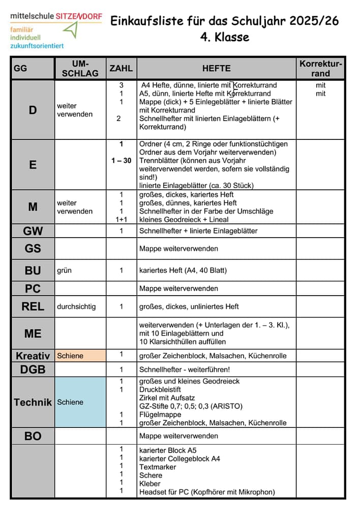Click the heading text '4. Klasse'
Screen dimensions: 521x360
(x=224, y=38)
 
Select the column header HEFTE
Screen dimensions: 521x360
(x=216, y=68)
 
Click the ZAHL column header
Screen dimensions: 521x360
(x=121, y=68)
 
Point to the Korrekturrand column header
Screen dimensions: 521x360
(x=321, y=68)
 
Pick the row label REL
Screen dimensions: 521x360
(x=33, y=306)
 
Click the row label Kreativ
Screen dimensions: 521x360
(x=33, y=356)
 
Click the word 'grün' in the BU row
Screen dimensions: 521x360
(x=64, y=271)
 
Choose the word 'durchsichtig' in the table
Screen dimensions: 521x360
(x=76, y=307)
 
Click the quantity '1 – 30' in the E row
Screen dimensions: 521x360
(x=121, y=161)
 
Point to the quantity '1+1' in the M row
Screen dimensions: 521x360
(x=121, y=220)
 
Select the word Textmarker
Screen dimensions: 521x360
(x=158, y=467)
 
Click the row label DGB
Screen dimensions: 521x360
(x=33, y=370)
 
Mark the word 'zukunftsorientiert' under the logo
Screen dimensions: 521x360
(x=37, y=46)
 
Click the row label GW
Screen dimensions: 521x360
(x=33, y=231)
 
